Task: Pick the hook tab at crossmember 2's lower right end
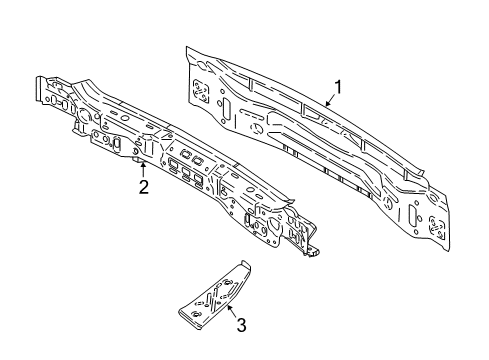pos(312,250)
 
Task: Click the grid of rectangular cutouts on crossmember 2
pos(191,164)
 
